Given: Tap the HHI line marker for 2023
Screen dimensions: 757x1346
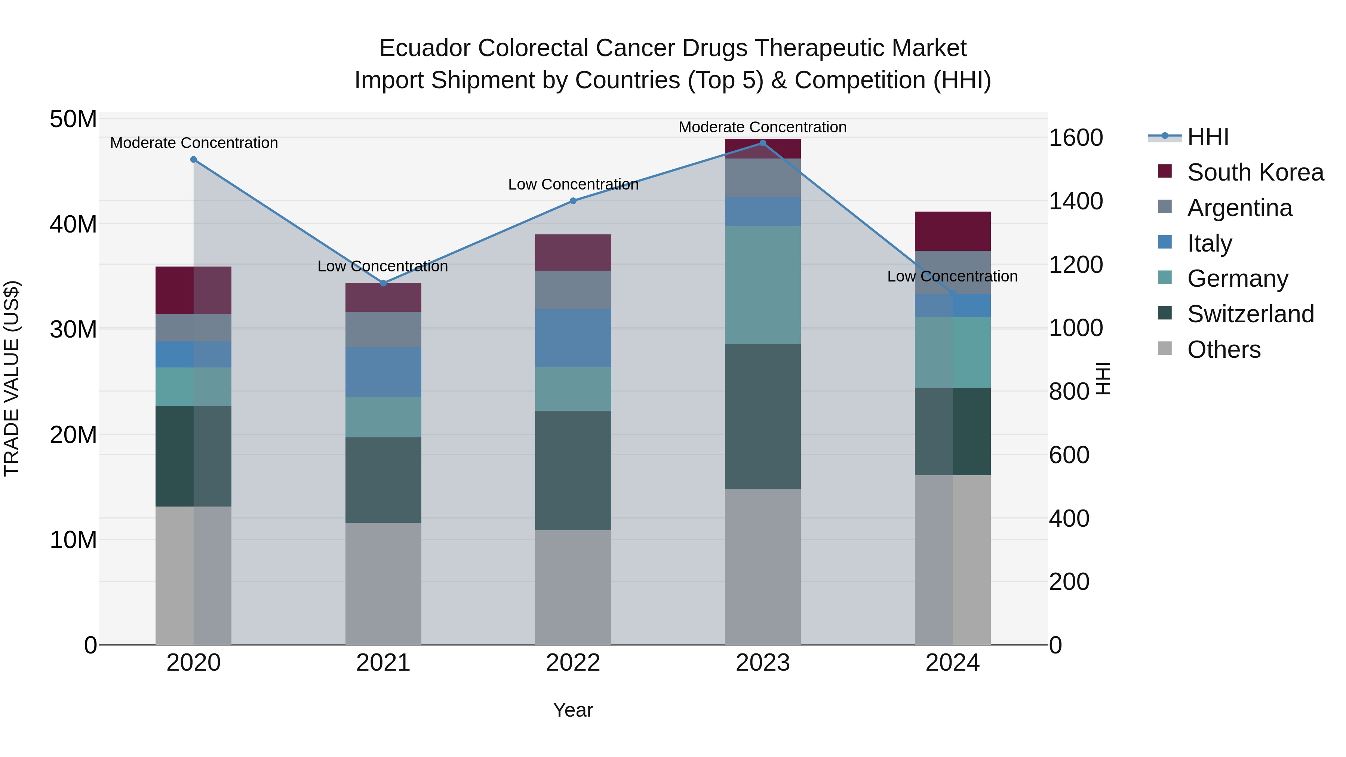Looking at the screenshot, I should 762,143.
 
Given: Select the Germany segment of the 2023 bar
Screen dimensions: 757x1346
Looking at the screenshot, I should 762,285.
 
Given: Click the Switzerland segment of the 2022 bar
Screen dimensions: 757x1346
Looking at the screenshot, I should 573,470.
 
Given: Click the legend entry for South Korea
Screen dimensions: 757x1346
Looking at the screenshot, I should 1255,172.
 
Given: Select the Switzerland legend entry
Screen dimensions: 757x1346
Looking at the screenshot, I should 1250,314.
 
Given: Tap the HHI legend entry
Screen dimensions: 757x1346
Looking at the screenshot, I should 1208,137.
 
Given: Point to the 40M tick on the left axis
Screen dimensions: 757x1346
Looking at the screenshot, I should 73,225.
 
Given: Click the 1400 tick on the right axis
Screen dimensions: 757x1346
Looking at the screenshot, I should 1075,201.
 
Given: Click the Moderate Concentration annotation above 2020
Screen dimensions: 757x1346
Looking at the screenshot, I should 194,143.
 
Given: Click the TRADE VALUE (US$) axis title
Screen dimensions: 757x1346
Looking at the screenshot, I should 12,378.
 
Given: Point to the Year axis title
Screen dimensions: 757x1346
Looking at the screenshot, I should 573,710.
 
